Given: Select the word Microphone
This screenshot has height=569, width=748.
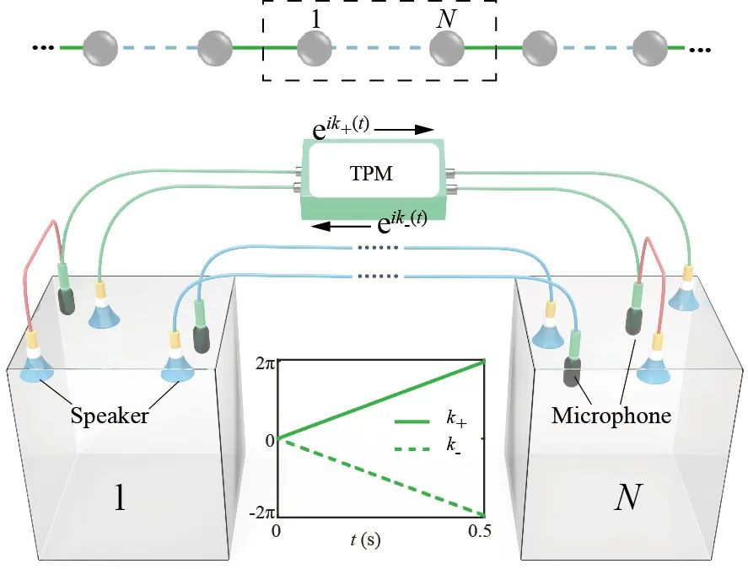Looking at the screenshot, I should (611, 415).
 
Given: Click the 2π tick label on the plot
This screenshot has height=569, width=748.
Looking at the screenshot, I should (265, 364).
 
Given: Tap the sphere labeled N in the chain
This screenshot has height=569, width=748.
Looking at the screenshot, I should (447, 48).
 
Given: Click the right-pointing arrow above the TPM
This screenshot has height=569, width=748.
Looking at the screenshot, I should (402, 131).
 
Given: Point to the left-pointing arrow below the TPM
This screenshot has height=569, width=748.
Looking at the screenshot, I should (342, 228).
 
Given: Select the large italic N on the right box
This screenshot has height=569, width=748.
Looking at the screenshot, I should (626, 499).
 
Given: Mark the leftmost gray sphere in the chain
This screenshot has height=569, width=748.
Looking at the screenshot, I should (100, 48).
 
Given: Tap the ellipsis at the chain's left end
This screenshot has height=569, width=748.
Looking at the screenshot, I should (42, 48).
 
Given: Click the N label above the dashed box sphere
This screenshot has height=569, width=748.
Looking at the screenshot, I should (445, 19).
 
